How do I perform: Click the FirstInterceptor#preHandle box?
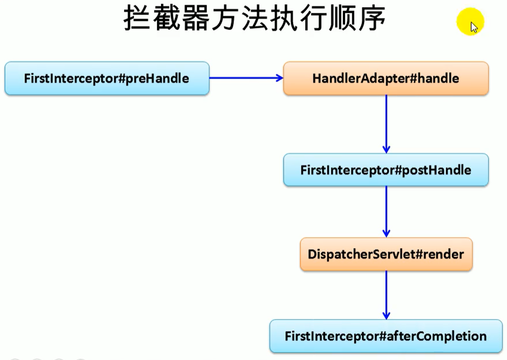(107, 78)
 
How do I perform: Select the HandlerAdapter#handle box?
(386, 78)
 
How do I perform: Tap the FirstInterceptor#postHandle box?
(386, 170)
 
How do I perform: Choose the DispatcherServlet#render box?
(386, 255)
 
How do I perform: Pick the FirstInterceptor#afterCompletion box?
(386, 336)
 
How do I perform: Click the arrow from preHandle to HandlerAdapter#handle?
(245, 78)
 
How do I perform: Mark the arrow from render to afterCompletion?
(386, 294)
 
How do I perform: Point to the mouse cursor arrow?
(474, 27)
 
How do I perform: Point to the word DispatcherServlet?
(360, 255)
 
